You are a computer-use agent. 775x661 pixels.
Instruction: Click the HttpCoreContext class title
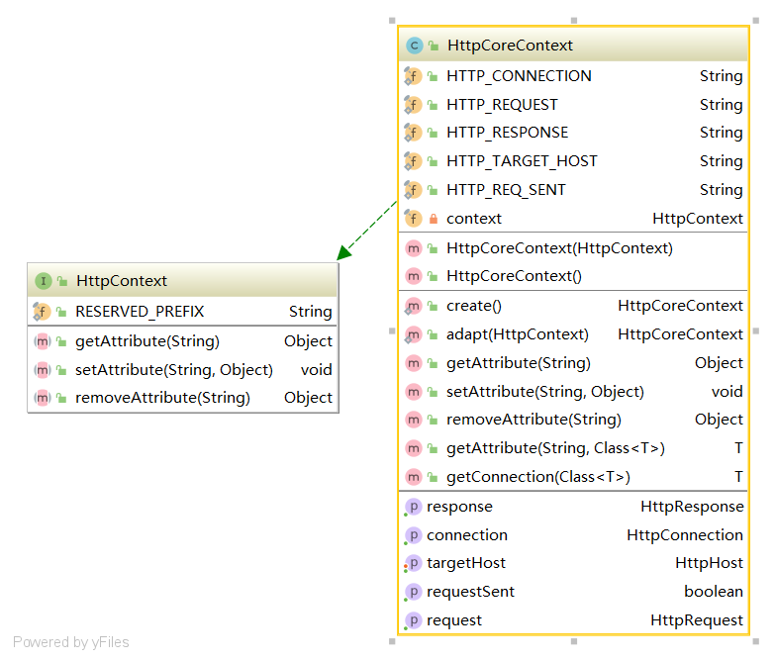click(x=510, y=46)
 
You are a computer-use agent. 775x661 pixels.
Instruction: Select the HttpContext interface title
click(x=122, y=281)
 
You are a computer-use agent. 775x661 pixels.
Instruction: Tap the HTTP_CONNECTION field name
click(x=519, y=76)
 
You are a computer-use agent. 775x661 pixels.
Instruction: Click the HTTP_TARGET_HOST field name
click(x=522, y=161)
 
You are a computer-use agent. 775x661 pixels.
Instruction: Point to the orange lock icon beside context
click(x=434, y=219)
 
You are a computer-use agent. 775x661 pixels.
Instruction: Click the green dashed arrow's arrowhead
click(x=344, y=252)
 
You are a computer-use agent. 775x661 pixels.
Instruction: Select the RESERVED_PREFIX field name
click(x=140, y=312)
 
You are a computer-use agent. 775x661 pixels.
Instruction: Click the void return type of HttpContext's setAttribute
click(x=317, y=369)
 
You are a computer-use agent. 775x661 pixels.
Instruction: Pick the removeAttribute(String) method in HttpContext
click(x=162, y=398)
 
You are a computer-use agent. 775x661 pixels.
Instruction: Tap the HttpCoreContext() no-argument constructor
click(x=514, y=276)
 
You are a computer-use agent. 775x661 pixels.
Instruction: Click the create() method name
click(x=473, y=306)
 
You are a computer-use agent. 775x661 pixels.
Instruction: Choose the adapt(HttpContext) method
click(x=517, y=334)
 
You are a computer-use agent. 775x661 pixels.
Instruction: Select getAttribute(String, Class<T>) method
click(x=555, y=448)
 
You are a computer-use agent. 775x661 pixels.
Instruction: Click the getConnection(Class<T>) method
click(x=537, y=477)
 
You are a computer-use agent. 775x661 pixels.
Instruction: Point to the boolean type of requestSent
click(x=714, y=592)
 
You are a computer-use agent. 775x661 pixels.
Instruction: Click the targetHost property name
click(x=466, y=563)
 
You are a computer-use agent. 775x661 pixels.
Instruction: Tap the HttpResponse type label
click(x=692, y=507)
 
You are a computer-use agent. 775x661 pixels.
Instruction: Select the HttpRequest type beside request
click(x=697, y=620)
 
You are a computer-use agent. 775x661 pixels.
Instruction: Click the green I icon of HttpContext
click(x=44, y=281)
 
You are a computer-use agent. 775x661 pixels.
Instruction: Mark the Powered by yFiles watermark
click(x=70, y=642)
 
